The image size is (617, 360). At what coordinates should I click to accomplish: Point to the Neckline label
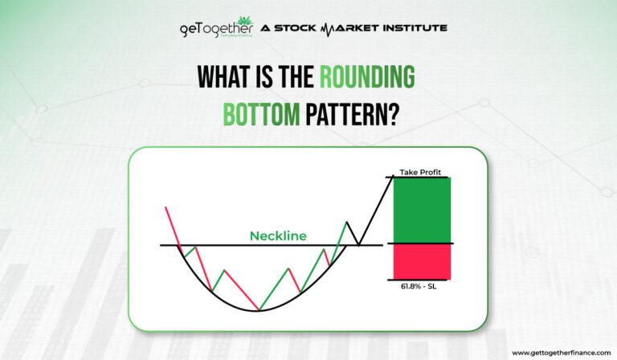click(x=278, y=235)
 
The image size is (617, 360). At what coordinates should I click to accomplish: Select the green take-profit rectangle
click(x=422, y=209)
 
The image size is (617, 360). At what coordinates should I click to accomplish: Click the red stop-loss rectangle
click(x=422, y=261)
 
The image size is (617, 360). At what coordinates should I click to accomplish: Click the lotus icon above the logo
click(x=241, y=19)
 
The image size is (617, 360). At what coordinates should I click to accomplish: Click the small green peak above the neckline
click(x=347, y=223)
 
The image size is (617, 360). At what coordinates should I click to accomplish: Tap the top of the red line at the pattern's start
click(x=165, y=207)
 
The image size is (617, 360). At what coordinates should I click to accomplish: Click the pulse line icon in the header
click(x=326, y=28)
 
